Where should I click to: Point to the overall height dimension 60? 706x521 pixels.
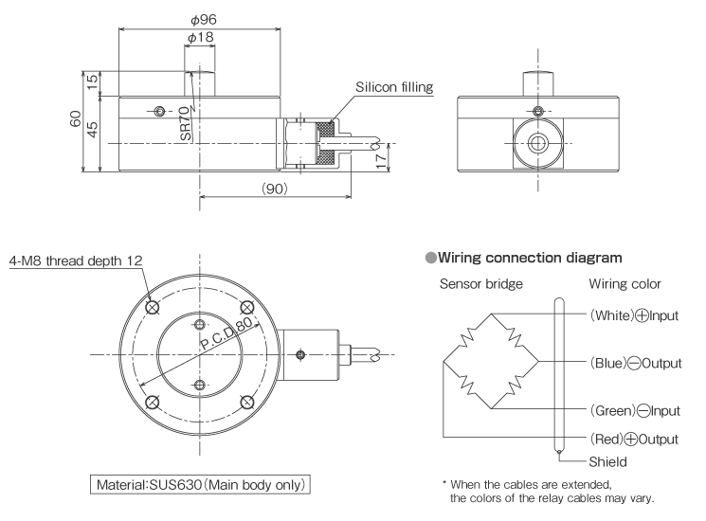(x=71, y=120)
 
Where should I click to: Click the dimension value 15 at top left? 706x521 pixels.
(x=93, y=82)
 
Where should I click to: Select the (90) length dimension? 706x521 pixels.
(x=275, y=188)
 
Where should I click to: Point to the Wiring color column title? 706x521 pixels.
(x=631, y=284)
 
